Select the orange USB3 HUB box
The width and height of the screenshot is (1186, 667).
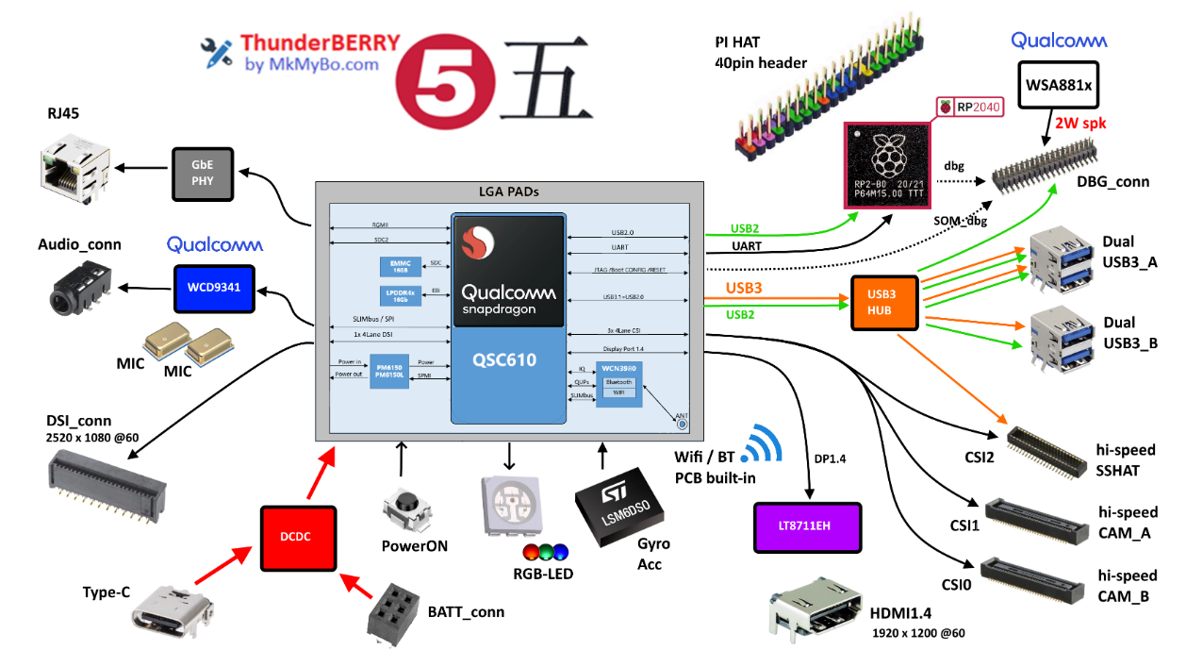point(883,303)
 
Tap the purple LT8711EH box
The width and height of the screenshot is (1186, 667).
point(807,526)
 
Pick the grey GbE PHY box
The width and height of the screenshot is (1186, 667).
point(203,174)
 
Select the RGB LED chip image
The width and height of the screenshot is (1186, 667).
point(510,505)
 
